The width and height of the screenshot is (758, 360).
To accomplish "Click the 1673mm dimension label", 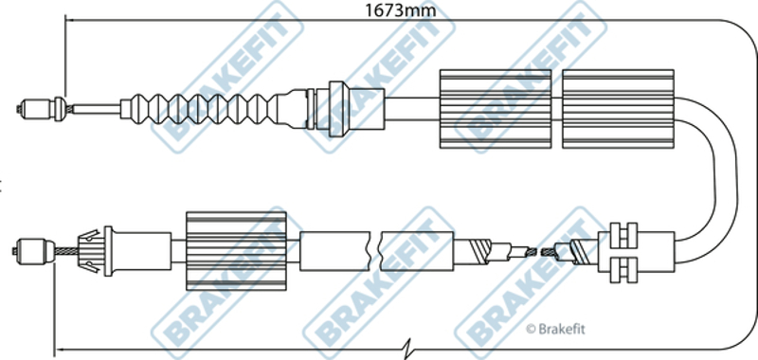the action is (400, 9).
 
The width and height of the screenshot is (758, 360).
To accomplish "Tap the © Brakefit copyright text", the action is (555, 329).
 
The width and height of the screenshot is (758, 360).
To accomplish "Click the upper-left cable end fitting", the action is (35, 108).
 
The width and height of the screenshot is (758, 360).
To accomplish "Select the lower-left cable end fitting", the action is (34, 250).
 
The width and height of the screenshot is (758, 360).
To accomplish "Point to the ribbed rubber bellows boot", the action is (198, 109).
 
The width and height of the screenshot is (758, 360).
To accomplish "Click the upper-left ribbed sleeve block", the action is (496, 108).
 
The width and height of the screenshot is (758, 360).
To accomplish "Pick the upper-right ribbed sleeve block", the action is (618, 108).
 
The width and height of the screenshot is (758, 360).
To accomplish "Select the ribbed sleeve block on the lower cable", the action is (236, 251).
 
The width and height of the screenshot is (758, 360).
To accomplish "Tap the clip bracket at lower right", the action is (624, 251).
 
